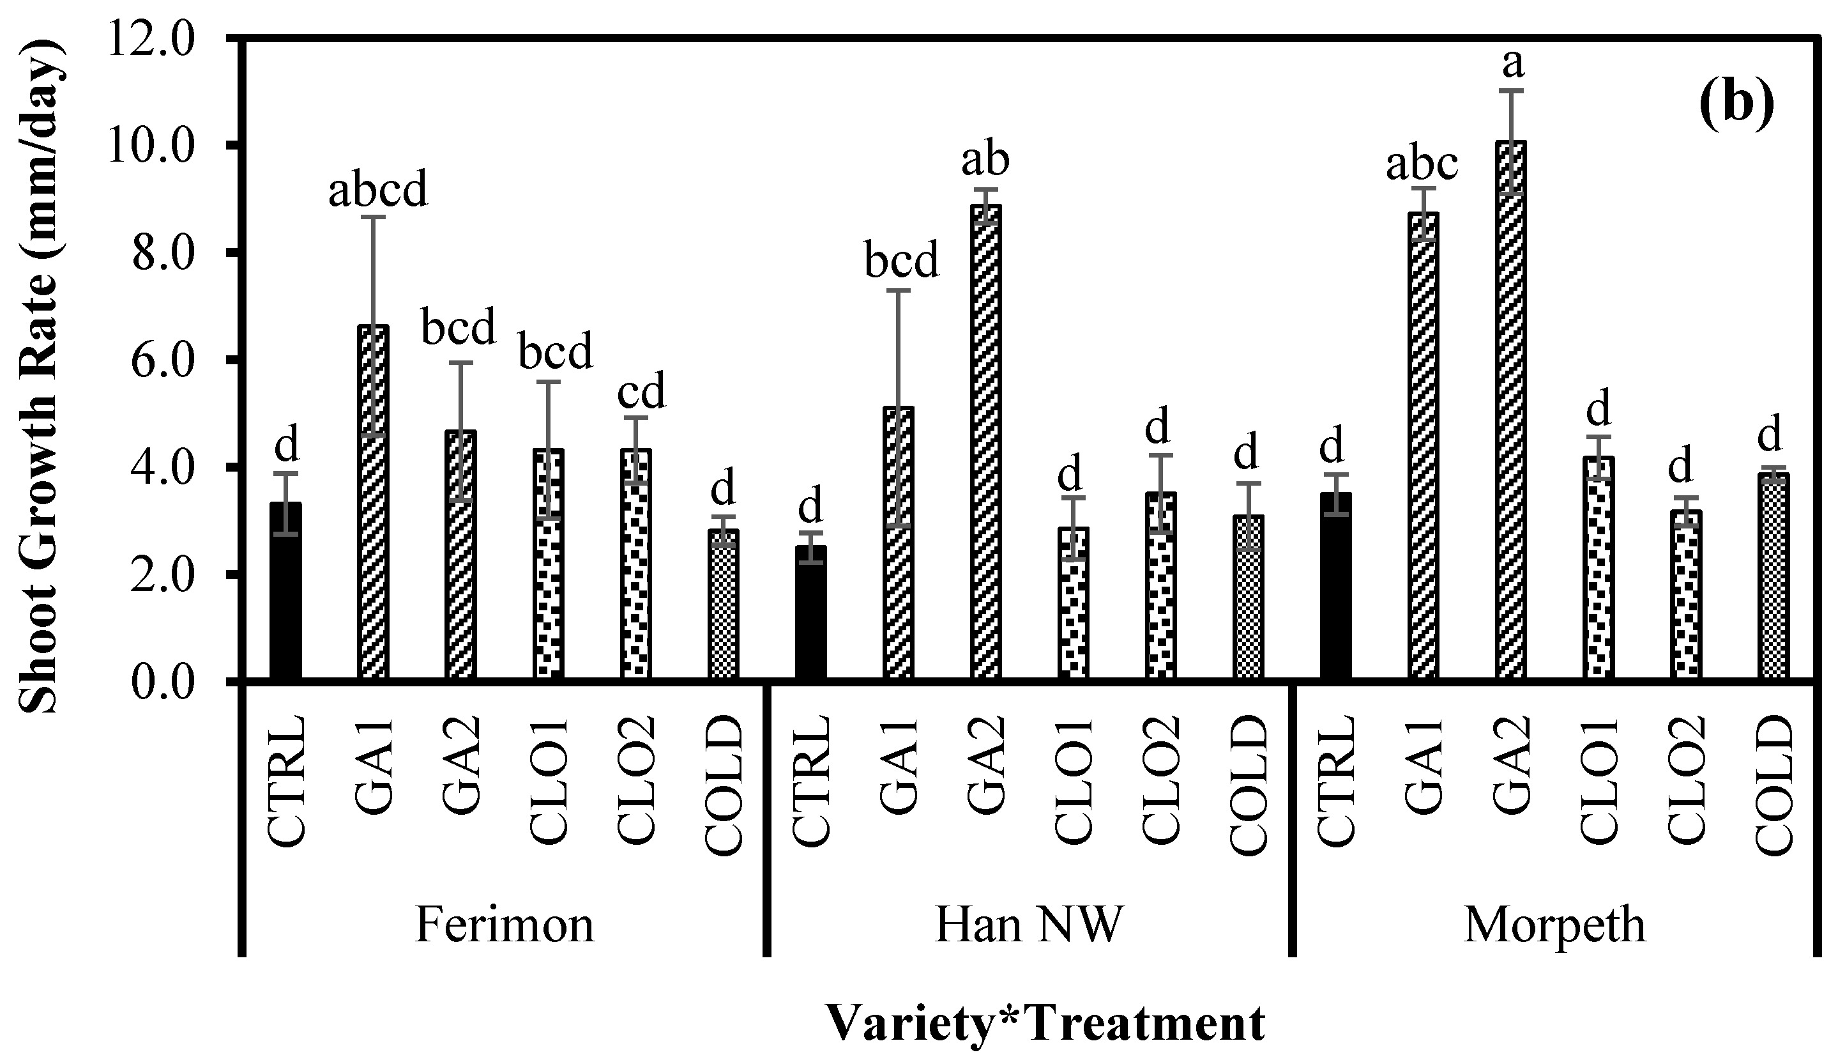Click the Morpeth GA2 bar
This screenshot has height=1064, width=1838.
pos(1510,409)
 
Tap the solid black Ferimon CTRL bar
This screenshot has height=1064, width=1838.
pos(285,591)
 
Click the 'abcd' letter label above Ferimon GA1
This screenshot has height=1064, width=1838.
pos(377,190)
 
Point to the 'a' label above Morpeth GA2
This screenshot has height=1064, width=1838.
pos(1514,64)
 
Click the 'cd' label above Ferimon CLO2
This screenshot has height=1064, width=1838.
pos(641,392)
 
